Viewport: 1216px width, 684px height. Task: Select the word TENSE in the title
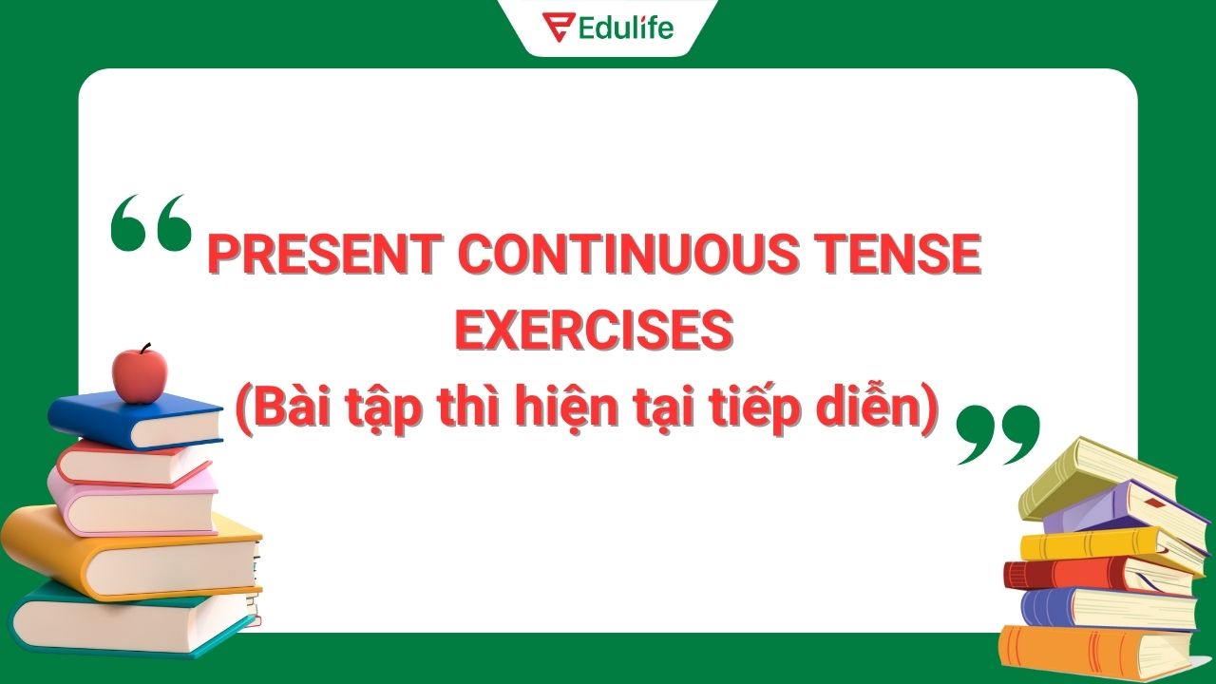tap(897, 254)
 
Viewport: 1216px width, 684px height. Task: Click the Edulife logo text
tap(625, 28)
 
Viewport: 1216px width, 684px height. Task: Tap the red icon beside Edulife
tap(555, 28)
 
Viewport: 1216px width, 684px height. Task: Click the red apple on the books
tap(139, 374)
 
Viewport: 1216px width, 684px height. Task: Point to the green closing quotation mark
tap(997, 433)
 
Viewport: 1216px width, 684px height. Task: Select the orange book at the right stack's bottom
tap(1092, 654)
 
